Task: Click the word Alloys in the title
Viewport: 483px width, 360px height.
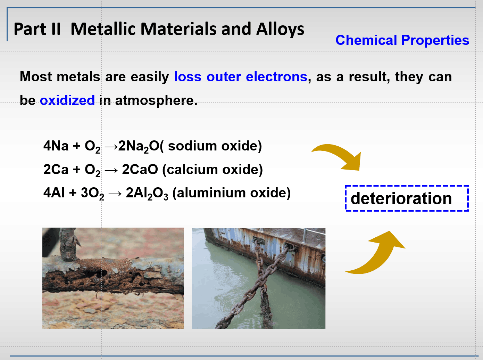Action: [280, 30]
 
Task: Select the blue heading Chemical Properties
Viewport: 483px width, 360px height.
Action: [402, 40]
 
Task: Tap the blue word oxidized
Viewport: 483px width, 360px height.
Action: [67, 100]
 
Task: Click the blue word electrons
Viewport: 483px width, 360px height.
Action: [276, 77]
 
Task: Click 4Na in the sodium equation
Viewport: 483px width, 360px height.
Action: [56, 146]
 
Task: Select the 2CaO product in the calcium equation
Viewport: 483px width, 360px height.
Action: [140, 169]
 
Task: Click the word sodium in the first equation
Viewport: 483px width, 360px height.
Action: [192, 146]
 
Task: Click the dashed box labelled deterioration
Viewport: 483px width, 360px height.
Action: [407, 198]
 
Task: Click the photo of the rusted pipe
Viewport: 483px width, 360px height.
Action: [113, 278]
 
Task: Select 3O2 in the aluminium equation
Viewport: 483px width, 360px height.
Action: [93, 194]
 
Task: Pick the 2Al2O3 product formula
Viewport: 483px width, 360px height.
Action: [147, 194]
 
